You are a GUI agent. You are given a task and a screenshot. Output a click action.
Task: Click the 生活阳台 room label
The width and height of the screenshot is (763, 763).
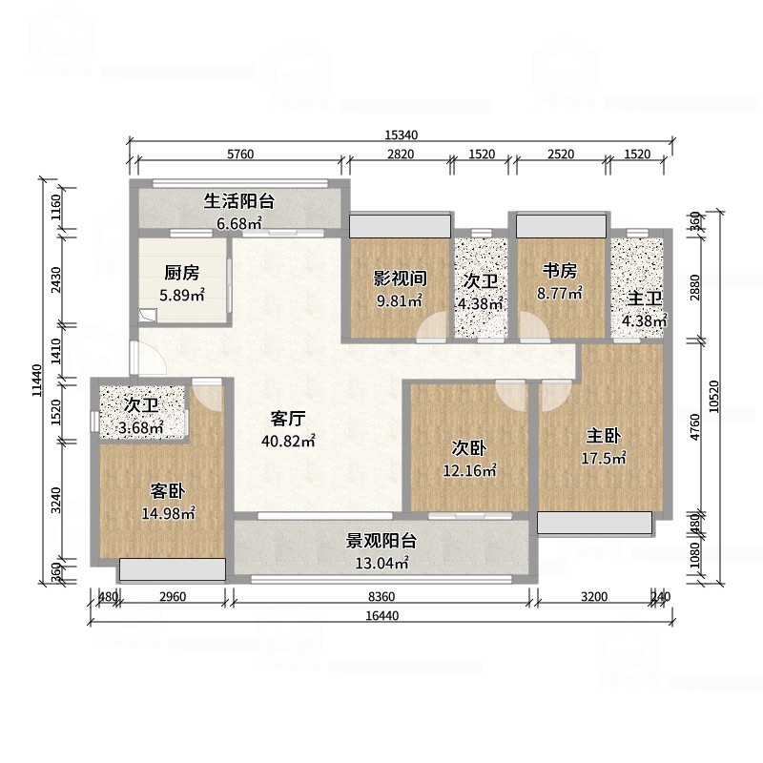point(238,201)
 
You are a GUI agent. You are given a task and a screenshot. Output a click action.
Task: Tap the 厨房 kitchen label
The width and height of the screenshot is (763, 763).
point(181,273)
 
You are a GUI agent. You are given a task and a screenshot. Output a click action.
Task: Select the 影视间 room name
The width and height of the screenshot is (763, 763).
point(399,278)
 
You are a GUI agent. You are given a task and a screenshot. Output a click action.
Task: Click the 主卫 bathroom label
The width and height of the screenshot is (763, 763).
point(644,299)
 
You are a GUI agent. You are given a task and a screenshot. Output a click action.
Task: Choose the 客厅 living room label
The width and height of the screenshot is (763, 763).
point(289,419)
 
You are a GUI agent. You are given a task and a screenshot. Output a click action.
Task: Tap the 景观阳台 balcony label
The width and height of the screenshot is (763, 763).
point(381,542)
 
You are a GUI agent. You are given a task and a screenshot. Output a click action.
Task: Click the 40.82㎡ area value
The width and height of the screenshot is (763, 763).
point(288,441)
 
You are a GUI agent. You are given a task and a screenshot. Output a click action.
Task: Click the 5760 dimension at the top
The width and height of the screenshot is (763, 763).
point(238,155)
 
